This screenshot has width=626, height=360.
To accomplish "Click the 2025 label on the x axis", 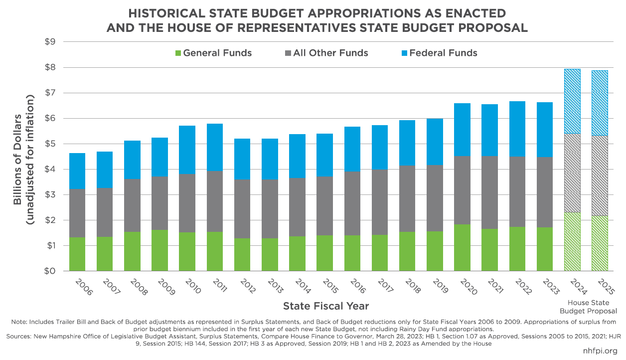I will point(606,288).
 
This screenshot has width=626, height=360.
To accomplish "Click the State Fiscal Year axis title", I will point(326,306).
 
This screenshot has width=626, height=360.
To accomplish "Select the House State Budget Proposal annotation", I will point(587,307).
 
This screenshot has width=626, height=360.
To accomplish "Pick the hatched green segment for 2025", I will point(600,243).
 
